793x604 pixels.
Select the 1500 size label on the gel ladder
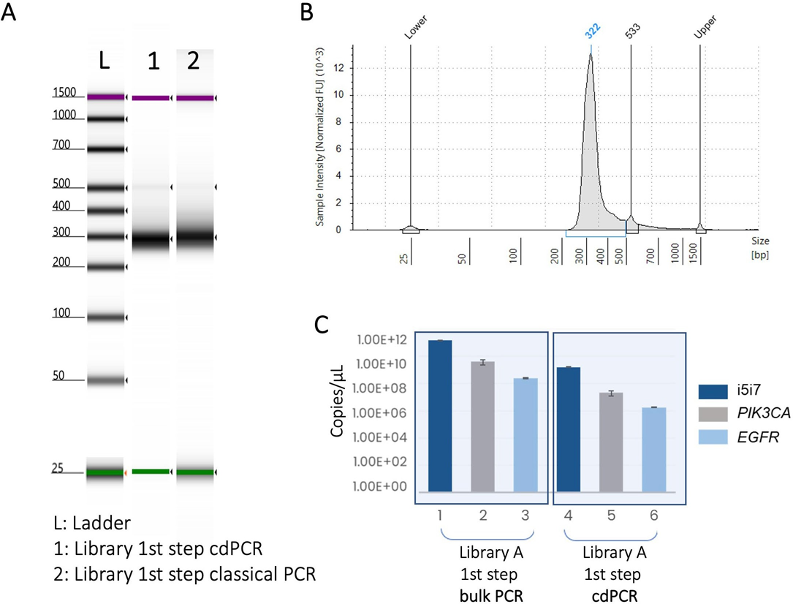coord(65,93)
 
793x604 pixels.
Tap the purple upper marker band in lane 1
coord(151,97)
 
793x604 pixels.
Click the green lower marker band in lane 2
coord(195,472)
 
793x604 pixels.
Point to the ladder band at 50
coord(106,381)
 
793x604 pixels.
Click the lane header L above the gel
coord(105,63)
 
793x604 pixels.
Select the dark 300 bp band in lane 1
coord(151,240)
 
